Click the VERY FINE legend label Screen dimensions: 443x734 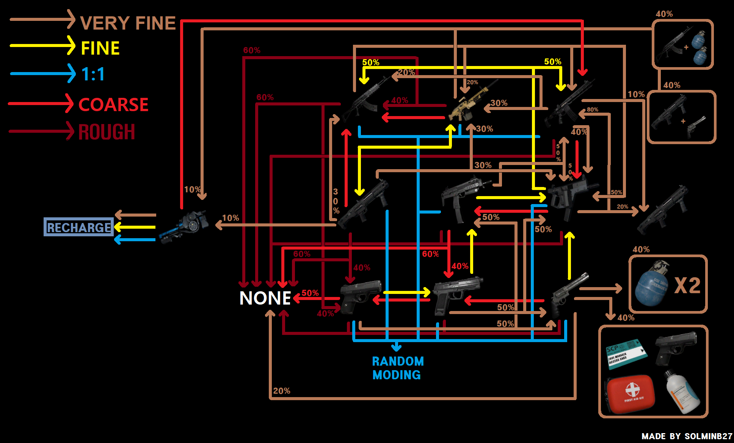click(128, 23)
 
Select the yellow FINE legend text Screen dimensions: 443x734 click(100, 49)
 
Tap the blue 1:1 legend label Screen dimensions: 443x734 click(93, 74)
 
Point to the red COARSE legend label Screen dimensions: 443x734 click(113, 105)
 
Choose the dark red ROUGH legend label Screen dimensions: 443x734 click(107, 132)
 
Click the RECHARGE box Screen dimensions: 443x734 click(78, 227)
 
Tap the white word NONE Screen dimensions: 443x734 click(265, 298)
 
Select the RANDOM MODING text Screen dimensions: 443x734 click(397, 368)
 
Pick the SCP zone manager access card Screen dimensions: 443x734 click(626, 353)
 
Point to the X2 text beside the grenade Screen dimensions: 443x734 click(687, 286)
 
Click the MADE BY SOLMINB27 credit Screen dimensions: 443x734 click(687, 436)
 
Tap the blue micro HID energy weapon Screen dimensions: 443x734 click(184, 227)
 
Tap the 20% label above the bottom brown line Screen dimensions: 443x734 click(281, 391)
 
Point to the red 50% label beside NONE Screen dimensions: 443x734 click(310, 293)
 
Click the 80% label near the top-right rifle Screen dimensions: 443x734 click(592, 110)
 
